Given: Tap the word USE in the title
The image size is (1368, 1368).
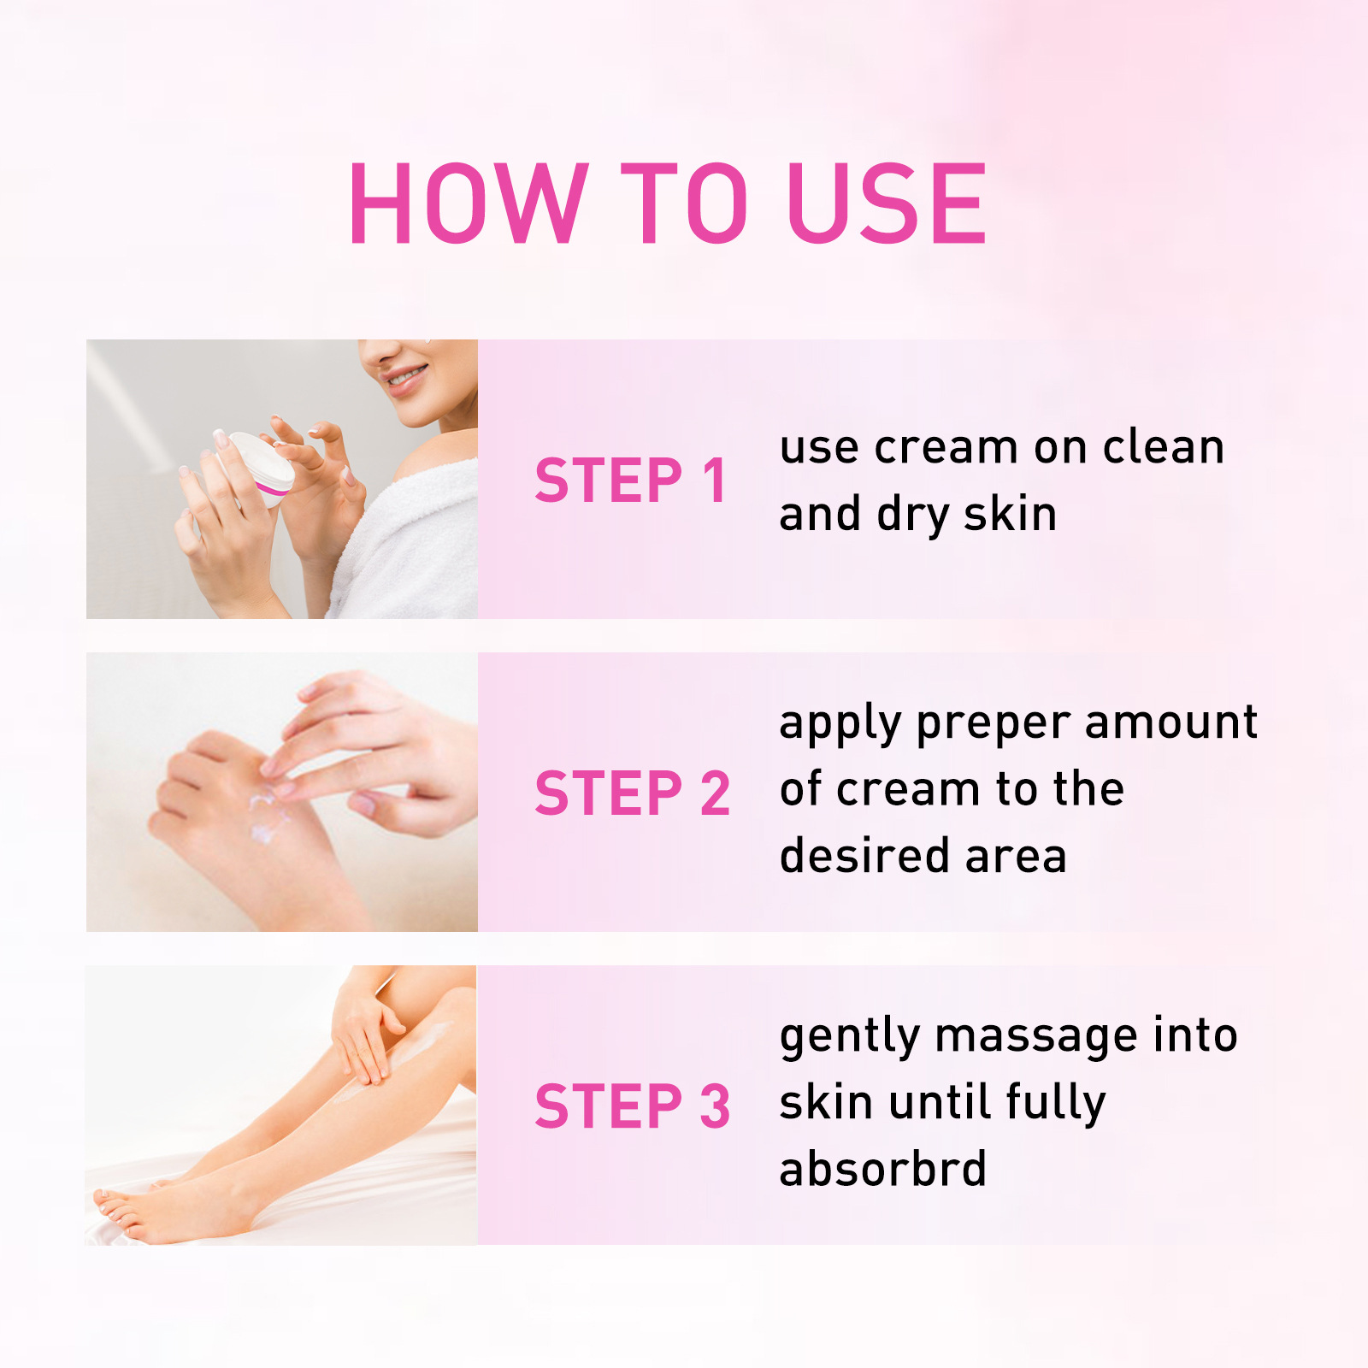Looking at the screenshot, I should (887, 203).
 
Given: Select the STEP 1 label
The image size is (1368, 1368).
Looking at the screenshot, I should (630, 481).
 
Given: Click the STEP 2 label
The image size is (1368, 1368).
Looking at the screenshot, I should (632, 793).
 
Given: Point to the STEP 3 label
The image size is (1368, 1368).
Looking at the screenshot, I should (632, 1106).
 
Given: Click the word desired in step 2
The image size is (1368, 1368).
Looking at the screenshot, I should (864, 856).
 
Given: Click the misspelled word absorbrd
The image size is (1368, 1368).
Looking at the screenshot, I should (882, 1169).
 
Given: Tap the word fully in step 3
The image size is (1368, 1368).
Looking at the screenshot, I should (1055, 1104).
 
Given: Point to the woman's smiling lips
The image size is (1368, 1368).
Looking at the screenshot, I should (404, 378).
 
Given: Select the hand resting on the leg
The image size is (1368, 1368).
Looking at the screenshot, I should (363, 1035).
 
